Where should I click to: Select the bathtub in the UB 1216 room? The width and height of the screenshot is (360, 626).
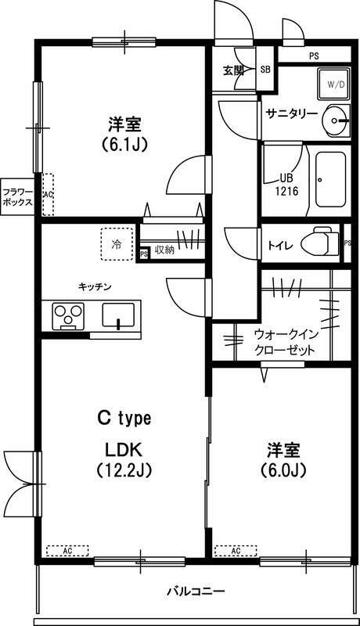coord(330,179)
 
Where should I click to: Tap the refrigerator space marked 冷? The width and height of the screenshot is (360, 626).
coord(117,243)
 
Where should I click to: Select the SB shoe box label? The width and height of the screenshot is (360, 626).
coord(265,70)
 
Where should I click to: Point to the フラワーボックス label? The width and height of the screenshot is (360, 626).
coord(16,196)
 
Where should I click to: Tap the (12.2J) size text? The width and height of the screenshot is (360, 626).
coord(124,470)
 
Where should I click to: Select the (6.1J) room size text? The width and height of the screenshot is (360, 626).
coord(125,144)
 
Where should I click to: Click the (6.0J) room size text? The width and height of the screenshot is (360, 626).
coord(284,471)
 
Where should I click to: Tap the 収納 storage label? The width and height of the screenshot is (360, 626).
coord(164,250)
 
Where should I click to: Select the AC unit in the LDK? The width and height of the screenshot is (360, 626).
coord(67,550)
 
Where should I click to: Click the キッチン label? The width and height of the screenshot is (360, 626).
coord(95,286)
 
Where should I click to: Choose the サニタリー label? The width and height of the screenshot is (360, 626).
coord(291,113)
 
